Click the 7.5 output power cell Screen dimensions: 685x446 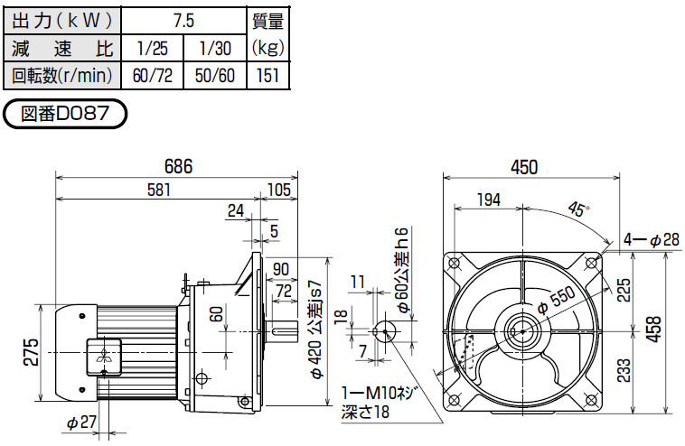pos(183,21)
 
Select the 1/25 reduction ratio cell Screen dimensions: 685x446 pos(153,48)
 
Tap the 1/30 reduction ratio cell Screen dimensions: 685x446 pos(215,48)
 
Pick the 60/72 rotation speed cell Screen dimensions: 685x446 pos(153,76)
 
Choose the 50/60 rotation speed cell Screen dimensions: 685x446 pos(215,76)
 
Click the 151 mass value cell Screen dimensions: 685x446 pos(267,76)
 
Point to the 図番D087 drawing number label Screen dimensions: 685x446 pos(65,114)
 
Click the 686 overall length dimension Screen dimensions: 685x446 pos(178,166)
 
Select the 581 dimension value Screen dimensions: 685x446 pos(159,190)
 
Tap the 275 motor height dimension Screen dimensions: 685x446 pos(32,352)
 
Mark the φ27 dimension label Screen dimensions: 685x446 pos(81,422)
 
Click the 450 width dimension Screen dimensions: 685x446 pos(524,167)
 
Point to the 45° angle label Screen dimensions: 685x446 pos(578,209)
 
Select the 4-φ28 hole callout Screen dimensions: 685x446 pos(652,239)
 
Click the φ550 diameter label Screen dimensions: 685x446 pos(556,301)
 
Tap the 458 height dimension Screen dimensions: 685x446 pos(654,330)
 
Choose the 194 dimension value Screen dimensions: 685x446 pos(488,200)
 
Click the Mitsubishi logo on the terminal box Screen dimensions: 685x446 pos(104,356)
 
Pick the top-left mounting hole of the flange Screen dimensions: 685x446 pos(454,263)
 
